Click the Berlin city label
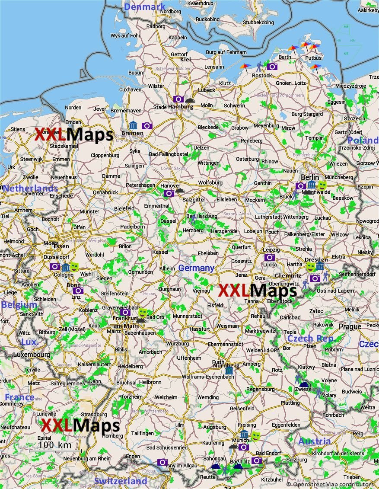pyautogui.click(x=310, y=177)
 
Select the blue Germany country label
pyautogui.click(x=196, y=268)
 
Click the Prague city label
pyautogui.click(x=350, y=326)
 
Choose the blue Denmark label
pyautogui.click(x=144, y=7)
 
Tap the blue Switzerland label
pyautogui.click(x=121, y=481)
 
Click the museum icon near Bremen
pyautogui.click(x=133, y=126)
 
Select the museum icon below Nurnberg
pyautogui.click(x=229, y=371)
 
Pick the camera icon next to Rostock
pyautogui.click(x=272, y=67)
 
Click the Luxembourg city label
pyautogui.click(x=32, y=355)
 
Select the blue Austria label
pyautogui.click(x=314, y=441)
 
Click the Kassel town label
pyautogui.click(x=160, y=252)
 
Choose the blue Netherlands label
pyautogui.click(x=30, y=189)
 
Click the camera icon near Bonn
pyautogui.click(x=78, y=291)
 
